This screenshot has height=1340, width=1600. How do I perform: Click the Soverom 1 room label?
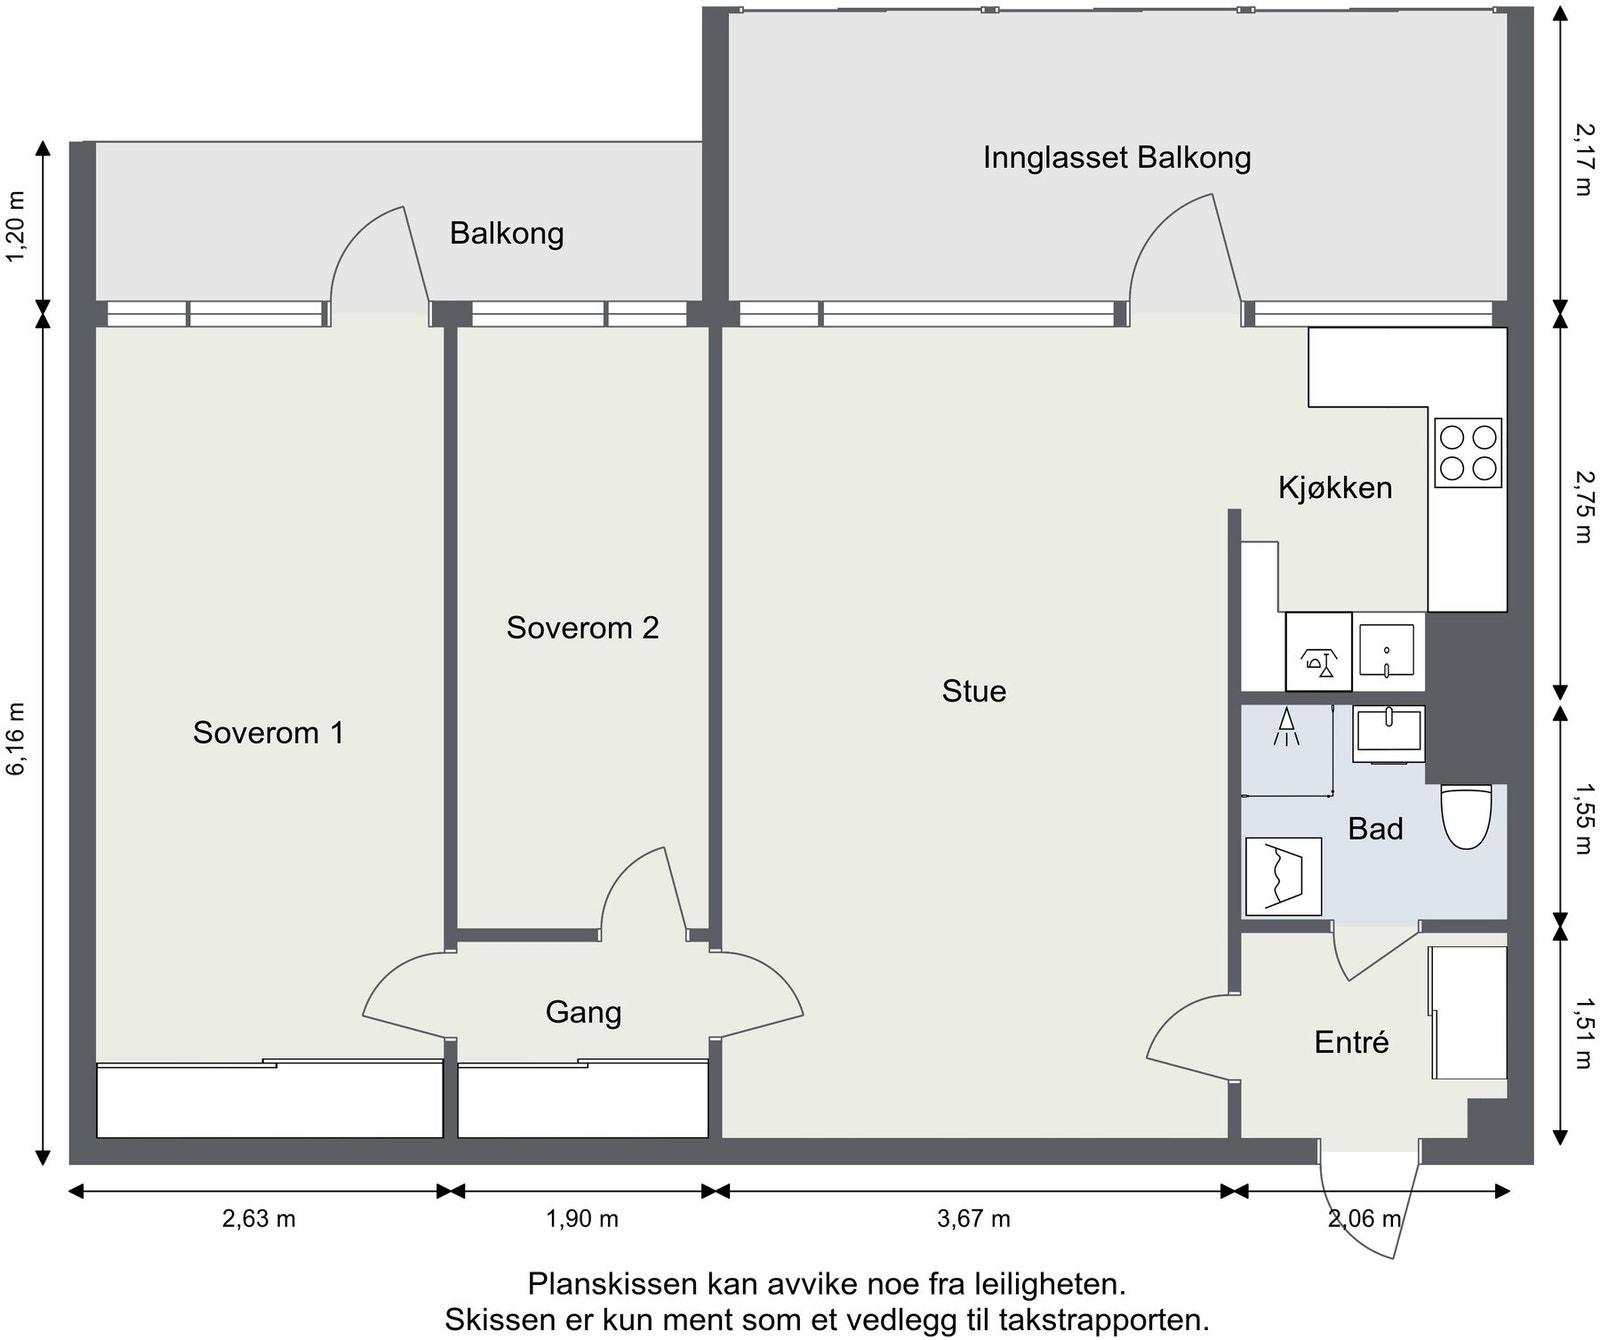[x=268, y=733]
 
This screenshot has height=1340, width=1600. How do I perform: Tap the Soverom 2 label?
[x=582, y=628]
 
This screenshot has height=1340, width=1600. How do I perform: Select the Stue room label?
[x=974, y=691]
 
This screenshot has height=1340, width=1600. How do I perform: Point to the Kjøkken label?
[x=1335, y=488]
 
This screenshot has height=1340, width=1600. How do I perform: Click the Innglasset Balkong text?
[x=1117, y=158]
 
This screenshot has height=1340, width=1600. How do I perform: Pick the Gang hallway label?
[x=583, y=1013]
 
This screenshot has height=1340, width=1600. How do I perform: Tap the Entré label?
[x=1351, y=1042]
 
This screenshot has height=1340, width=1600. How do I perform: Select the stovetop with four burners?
[x=1468, y=453]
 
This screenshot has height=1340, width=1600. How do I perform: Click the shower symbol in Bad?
[x=1286, y=727]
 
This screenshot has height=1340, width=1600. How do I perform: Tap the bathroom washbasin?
[x=1389, y=734]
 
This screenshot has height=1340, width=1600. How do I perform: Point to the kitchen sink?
[x=1387, y=651]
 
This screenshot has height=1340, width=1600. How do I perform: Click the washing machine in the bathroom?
[x=1283, y=876]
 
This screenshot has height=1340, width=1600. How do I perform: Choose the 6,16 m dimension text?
[x=17, y=739]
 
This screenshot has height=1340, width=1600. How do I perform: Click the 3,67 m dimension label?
[x=974, y=1219]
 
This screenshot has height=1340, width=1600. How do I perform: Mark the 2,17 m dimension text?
[x=1582, y=159]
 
